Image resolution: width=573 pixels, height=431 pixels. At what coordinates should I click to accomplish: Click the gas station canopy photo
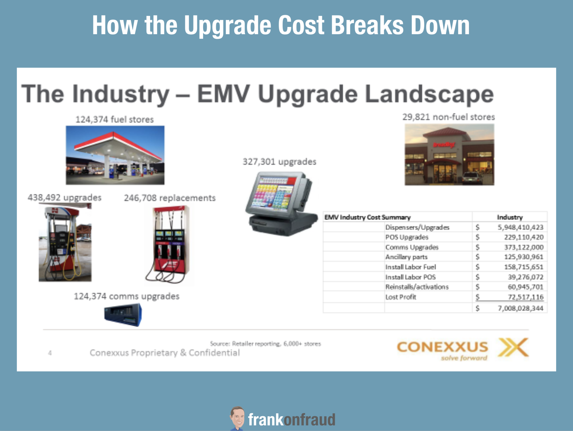point(115,155)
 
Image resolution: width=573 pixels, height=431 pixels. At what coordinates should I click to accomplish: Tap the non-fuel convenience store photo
point(449,154)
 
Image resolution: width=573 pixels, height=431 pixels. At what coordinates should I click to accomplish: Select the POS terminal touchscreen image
point(281,204)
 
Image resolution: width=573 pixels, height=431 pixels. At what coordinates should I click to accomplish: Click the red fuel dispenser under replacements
point(169,245)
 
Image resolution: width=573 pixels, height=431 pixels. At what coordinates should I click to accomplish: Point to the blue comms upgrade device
point(123,315)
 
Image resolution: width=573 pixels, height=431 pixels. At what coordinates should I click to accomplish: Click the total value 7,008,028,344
point(520,308)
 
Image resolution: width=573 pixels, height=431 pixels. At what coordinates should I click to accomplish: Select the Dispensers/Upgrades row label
point(417,227)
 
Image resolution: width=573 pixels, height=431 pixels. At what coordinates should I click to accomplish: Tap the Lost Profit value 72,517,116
point(525,297)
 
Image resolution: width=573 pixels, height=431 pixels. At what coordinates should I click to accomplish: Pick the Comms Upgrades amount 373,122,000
point(524,247)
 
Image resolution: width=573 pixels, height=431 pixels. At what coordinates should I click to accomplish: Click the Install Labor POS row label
point(410,277)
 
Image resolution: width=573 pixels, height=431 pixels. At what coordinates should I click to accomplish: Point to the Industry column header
point(510,217)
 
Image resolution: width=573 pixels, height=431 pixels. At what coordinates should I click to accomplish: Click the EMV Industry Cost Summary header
point(367,217)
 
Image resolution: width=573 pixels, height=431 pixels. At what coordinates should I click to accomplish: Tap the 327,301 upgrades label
point(279,162)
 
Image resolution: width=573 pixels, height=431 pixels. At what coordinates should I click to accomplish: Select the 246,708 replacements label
point(170,198)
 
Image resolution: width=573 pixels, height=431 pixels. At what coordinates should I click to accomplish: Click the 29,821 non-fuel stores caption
point(448,117)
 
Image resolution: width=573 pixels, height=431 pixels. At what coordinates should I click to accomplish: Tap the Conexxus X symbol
point(513,347)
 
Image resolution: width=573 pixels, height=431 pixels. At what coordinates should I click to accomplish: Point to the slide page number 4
point(50,353)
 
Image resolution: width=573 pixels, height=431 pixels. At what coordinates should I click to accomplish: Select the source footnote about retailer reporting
point(265,344)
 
